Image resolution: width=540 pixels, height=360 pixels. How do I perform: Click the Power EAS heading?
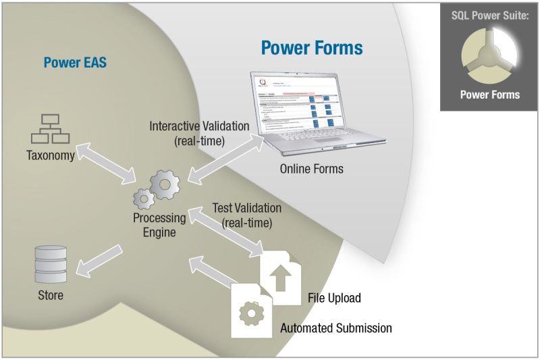tap(75, 63)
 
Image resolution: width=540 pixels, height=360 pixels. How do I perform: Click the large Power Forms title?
tap(312, 47)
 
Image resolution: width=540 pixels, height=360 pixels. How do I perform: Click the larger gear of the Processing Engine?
tap(164, 183)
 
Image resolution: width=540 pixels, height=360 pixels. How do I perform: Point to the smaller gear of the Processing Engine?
tap(143, 199)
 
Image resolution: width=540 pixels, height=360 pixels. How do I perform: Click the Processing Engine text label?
tap(159, 225)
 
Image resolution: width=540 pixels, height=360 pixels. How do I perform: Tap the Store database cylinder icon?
tap(50, 265)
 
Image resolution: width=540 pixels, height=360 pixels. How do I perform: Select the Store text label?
tap(50, 295)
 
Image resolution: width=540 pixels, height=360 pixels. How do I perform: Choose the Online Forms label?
tap(311, 168)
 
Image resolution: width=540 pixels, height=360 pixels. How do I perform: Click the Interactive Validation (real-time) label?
tap(199, 133)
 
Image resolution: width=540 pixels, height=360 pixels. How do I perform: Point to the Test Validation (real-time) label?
tap(246, 215)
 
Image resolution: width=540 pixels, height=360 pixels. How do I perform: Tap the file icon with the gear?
tap(252, 309)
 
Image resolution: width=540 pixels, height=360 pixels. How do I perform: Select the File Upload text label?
tap(334, 298)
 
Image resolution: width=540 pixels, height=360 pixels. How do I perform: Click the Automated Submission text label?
tap(335, 329)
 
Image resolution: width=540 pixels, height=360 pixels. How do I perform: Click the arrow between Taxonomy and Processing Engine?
tap(109, 163)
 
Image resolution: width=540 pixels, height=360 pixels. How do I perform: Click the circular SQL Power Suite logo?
tap(489, 58)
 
